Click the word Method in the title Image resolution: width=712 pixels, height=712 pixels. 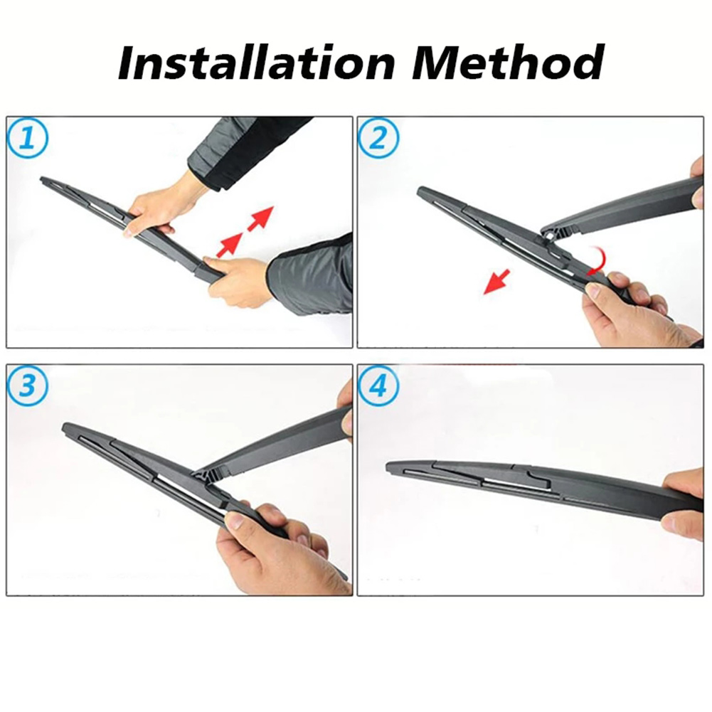click(509, 63)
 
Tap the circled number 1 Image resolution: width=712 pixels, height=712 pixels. click(28, 138)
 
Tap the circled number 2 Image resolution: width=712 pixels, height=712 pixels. click(378, 138)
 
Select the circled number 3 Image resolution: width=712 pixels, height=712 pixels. click(28, 386)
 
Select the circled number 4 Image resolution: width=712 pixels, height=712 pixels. click(378, 386)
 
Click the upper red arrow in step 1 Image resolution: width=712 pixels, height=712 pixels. click(260, 218)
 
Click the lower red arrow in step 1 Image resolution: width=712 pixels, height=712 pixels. click(230, 245)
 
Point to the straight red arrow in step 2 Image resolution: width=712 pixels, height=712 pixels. click(496, 282)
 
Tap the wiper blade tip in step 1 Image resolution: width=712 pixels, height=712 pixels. click(43, 180)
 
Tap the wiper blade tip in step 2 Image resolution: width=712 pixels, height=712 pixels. click(420, 191)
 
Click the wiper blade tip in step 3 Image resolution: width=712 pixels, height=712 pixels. click(65, 427)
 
